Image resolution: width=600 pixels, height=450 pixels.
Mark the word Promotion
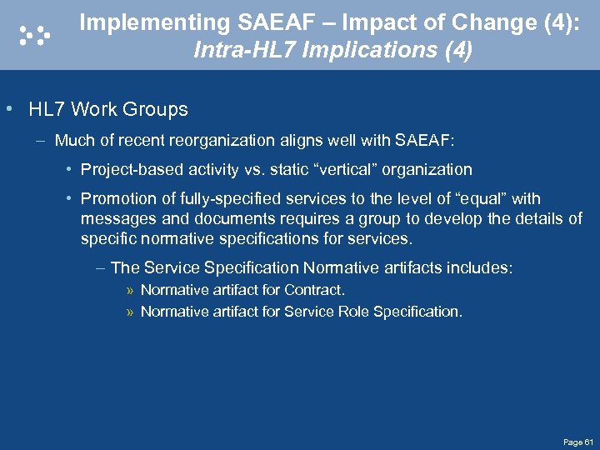click(116, 199)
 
